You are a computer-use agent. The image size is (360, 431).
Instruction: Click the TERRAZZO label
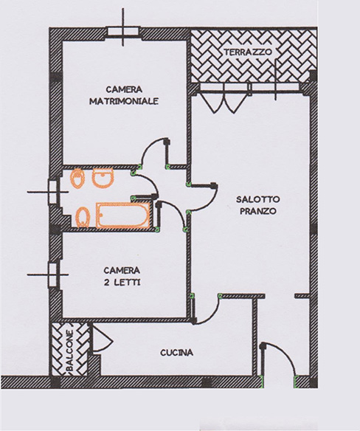point(248,52)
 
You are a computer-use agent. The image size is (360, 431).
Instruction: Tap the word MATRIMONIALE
point(124,101)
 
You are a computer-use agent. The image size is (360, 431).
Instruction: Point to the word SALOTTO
point(257,199)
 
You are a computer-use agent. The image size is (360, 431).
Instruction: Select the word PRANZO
point(257,211)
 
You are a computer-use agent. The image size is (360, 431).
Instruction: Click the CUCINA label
point(177,353)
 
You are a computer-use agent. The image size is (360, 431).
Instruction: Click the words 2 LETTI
point(122,283)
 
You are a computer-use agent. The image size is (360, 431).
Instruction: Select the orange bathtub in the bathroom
point(123,215)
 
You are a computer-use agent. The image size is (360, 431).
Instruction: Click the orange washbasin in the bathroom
point(103,177)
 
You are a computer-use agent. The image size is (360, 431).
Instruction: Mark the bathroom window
point(52,192)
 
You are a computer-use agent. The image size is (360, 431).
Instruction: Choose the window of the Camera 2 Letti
point(52,275)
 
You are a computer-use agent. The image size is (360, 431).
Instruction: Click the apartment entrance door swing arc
point(285,352)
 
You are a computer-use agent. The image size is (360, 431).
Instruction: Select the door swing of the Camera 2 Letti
point(175,209)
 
